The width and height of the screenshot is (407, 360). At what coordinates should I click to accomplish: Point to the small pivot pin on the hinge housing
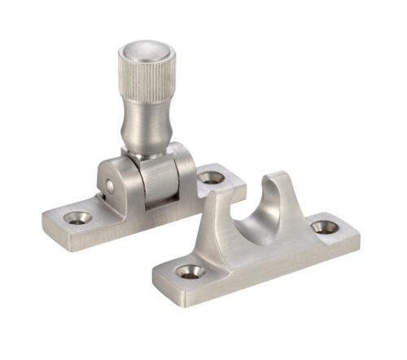point(109,187)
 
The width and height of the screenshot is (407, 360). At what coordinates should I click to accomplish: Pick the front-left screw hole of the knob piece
point(77,217)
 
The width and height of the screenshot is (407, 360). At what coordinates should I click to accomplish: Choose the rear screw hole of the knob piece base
point(211,176)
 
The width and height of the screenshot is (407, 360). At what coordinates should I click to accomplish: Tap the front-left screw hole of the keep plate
point(190,271)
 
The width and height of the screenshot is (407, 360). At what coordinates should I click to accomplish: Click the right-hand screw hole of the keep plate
point(324,227)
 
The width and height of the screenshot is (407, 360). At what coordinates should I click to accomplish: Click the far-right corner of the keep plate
point(358,232)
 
